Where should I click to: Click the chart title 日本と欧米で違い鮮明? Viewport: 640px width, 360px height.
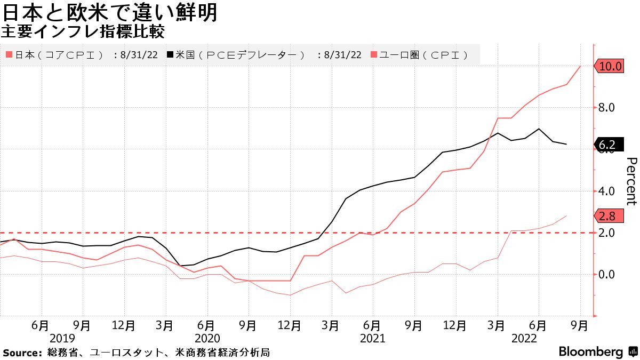click(x=110, y=12)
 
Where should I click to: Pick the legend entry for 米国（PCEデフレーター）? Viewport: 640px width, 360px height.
click(x=240, y=55)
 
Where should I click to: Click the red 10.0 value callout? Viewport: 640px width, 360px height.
click(x=610, y=67)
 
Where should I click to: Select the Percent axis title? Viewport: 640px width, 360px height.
click(x=631, y=181)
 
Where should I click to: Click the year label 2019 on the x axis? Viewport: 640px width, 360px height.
click(x=62, y=338)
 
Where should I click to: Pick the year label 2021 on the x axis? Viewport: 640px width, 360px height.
click(x=372, y=338)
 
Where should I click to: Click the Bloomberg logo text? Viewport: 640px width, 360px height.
click(x=590, y=352)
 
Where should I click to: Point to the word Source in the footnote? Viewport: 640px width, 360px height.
click(x=22, y=353)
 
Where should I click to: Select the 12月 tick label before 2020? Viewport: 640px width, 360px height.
click(x=123, y=325)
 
